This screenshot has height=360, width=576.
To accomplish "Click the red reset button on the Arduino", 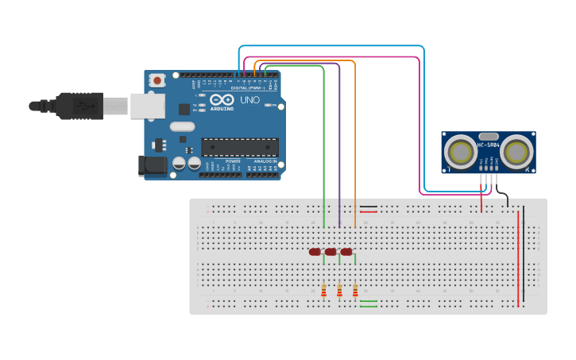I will click(157, 80).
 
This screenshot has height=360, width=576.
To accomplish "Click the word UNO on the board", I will click(249, 101).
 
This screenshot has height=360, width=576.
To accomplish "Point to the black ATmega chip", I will click(239, 147).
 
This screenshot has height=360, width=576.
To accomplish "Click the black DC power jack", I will click(153, 166).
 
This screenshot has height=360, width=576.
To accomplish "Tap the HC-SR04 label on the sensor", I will click(488, 145).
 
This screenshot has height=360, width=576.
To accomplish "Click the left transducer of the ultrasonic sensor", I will click(458, 150).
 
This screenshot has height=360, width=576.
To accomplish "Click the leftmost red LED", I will click(315, 252).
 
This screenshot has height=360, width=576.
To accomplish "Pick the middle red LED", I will click(330, 252).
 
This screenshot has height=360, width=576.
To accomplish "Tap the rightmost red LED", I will click(346, 252).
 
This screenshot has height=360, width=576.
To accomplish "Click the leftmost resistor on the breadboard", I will click(323, 291).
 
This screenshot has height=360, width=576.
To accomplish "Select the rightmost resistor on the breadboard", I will click(355, 291).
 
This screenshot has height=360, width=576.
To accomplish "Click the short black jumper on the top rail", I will click(369, 207).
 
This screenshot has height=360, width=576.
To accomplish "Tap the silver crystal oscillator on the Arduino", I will click(182, 126).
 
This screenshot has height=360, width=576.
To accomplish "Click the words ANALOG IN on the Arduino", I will click(266, 161).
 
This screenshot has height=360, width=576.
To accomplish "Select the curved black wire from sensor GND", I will click(504, 199).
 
